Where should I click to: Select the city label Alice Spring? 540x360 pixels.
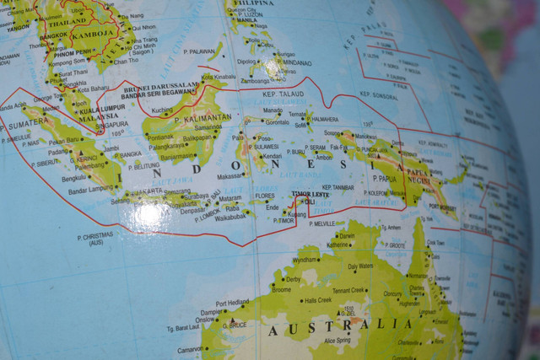tap(337, 341)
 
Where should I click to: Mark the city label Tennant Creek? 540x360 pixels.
tap(349, 290)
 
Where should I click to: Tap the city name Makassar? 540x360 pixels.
tap(229, 176)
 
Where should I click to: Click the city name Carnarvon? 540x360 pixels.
tap(190, 349)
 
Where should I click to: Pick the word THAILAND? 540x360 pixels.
tap(67, 20)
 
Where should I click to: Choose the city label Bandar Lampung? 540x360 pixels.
tap(89, 191)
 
